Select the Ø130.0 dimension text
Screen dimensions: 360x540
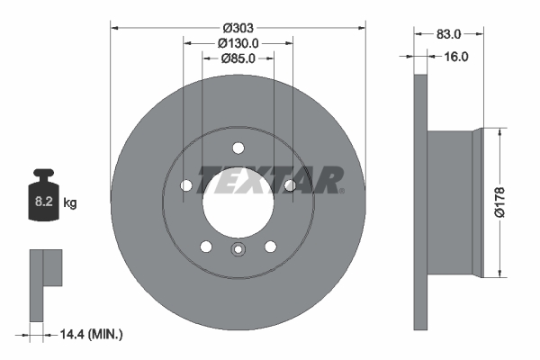click(x=238, y=41)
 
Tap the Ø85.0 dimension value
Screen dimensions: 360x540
click(x=238, y=59)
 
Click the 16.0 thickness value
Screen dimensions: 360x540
click(x=457, y=56)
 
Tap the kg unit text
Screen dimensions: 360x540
click(x=70, y=203)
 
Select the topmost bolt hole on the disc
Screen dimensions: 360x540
click(x=238, y=148)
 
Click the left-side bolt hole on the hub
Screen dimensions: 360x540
click(x=186, y=185)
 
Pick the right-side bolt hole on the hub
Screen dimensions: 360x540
click(x=290, y=185)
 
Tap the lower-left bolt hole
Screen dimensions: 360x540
click(x=206, y=246)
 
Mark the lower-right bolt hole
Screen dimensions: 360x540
click(x=270, y=246)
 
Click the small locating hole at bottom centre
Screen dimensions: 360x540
click(x=238, y=251)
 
